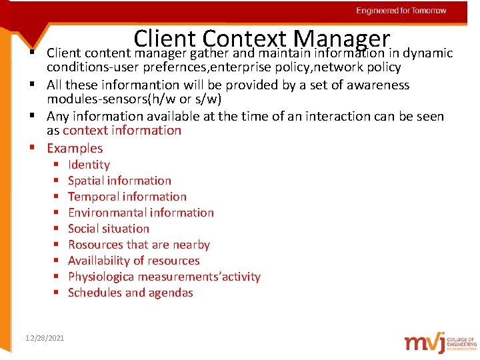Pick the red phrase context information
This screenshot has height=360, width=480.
(x=122, y=131)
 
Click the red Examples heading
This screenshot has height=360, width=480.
(x=75, y=148)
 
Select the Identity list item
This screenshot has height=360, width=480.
(x=89, y=165)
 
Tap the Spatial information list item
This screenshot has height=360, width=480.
(x=119, y=181)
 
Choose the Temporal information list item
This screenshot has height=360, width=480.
(x=127, y=197)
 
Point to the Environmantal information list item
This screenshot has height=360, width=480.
(x=141, y=213)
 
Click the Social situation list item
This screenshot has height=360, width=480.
(x=109, y=229)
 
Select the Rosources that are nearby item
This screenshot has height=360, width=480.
(x=139, y=245)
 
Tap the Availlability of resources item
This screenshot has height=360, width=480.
(x=133, y=261)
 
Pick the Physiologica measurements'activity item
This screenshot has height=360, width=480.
(x=164, y=277)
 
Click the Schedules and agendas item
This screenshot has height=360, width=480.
(x=131, y=293)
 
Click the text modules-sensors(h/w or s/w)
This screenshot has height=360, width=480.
(x=134, y=99)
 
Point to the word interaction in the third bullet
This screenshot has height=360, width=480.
(x=327, y=116)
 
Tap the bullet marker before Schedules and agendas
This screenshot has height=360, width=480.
(x=57, y=293)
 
